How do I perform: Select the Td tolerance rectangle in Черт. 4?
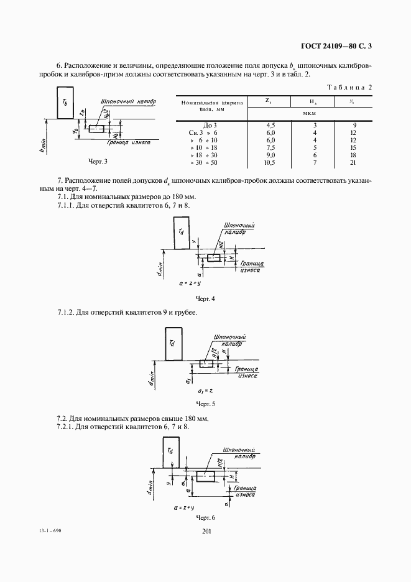tap(182, 233)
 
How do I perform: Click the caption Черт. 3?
tap(98, 162)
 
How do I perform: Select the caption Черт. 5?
tap(205, 403)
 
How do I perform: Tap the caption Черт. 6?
tap(205, 517)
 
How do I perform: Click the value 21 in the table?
tap(352, 162)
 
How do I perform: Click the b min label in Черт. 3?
tap(42, 145)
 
